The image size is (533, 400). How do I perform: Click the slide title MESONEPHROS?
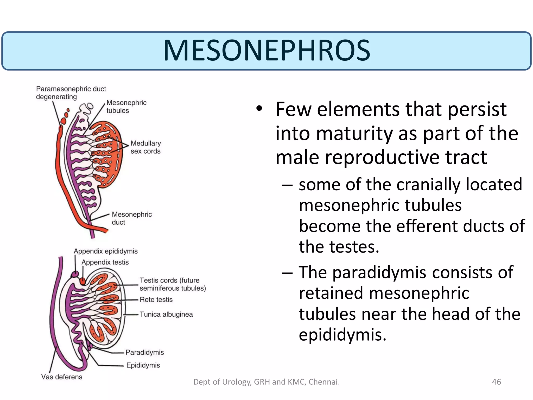(x=266, y=50)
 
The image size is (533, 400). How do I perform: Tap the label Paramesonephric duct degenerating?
(x=71, y=93)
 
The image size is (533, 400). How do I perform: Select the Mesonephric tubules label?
(x=126, y=107)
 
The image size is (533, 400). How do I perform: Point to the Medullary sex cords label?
(x=145, y=147)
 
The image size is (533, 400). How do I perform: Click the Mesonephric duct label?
(x=132, y=218)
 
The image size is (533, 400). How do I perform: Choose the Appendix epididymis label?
(x=106, y=251)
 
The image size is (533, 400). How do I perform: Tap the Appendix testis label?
(x=105, y=262)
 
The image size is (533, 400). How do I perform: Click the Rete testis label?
(x=156, y=300)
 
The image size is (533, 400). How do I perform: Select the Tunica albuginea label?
(x=166, y=314)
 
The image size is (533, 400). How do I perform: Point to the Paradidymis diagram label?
(x=145, y=352)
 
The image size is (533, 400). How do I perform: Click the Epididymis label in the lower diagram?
(x=143, y=365)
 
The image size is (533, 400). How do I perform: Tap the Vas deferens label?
(x=62, y=377)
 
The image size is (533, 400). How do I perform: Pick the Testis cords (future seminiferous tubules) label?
(x=173, y=284)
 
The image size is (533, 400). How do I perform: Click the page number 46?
(x=496, y=382)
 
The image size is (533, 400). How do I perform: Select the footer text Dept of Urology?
(x=266, y=382)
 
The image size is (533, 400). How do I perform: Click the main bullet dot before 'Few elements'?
(x=259, y=109)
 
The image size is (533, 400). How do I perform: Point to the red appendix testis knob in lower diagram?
(x=83, y=281)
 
